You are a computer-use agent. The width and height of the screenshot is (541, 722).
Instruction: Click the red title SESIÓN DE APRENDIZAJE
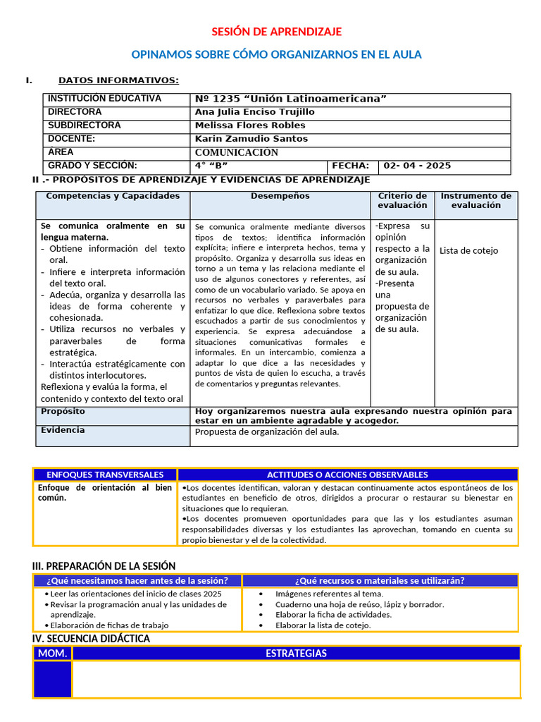[277, 32]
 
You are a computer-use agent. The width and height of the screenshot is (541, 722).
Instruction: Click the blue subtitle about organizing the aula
[277, 55]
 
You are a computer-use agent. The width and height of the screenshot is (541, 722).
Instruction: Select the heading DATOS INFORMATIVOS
[118, 80]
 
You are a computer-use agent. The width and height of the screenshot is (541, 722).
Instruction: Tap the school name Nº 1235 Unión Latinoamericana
[290, 99]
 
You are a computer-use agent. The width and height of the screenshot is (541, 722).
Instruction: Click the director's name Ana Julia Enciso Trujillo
[254, 112]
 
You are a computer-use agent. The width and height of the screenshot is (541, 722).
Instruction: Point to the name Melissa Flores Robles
[250, 126]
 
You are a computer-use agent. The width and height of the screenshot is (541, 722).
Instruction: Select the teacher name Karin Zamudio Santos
[251, 139]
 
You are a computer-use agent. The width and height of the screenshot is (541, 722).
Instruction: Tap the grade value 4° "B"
[211, 166]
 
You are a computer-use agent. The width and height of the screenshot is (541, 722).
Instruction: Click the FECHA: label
[346, 166]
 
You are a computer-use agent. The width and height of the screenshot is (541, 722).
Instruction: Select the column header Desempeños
[280, 196]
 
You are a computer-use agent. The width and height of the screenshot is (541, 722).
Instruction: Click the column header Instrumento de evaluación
[476, 200]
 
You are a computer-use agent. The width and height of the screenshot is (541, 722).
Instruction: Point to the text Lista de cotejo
[468, 250]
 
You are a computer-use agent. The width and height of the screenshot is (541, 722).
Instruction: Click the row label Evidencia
[63, 430]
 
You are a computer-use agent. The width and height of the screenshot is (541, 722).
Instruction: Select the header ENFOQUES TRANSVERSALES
[105, 475]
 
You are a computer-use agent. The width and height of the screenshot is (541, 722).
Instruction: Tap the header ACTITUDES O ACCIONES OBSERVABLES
[347, 475]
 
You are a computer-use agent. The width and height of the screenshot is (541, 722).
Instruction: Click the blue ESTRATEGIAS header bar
[296, 654]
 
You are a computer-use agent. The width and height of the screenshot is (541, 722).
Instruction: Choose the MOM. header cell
[53, 654]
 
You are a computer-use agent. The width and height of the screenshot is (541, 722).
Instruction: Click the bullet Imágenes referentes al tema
[330, 594]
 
